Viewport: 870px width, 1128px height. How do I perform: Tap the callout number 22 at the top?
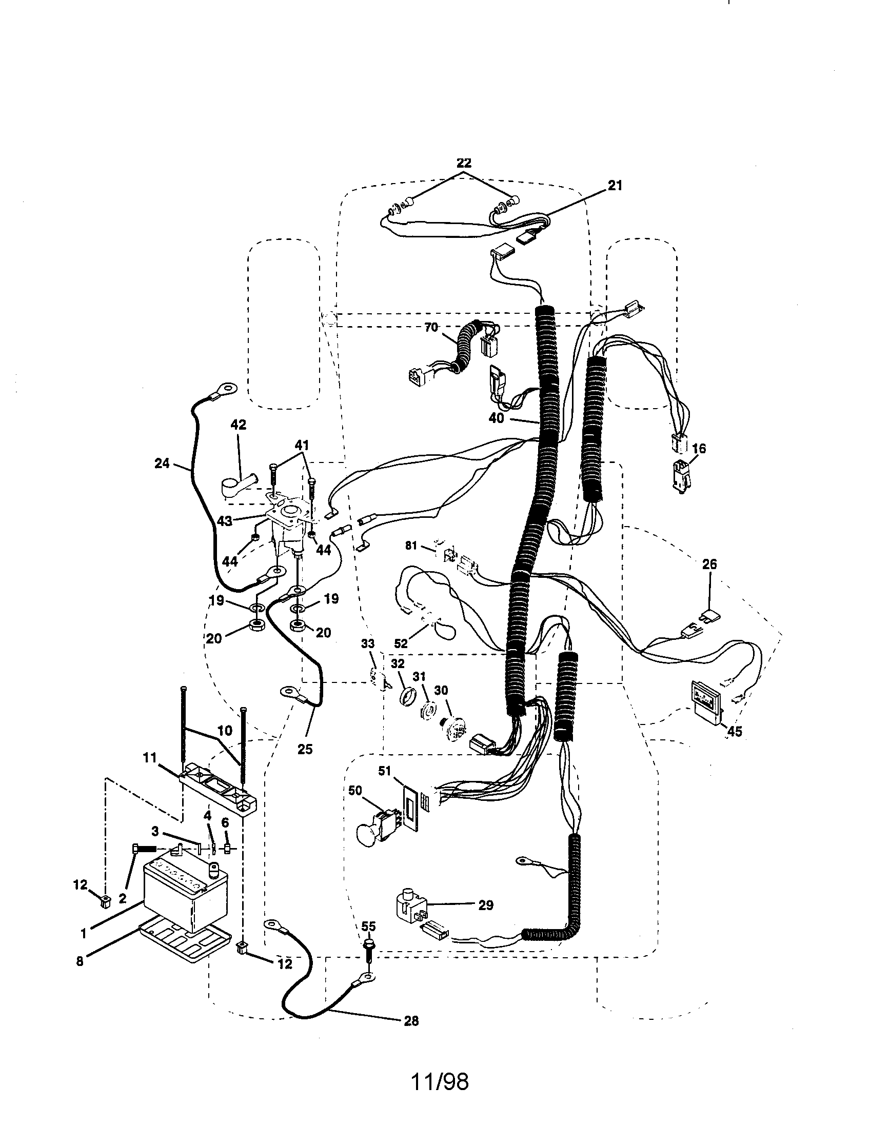(464, 163)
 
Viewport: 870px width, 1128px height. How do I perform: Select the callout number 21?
(615, 185)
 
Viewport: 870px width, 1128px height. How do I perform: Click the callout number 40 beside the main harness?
(496, 418)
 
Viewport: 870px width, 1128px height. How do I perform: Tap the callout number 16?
(699, 448)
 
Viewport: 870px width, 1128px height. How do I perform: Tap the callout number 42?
(238, 425)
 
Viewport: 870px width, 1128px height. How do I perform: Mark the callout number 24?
(162, 464)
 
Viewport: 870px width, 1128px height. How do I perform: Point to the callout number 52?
(401, 643)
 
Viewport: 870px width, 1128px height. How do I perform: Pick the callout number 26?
(709, 565)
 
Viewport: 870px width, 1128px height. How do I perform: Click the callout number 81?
(411, 546)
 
